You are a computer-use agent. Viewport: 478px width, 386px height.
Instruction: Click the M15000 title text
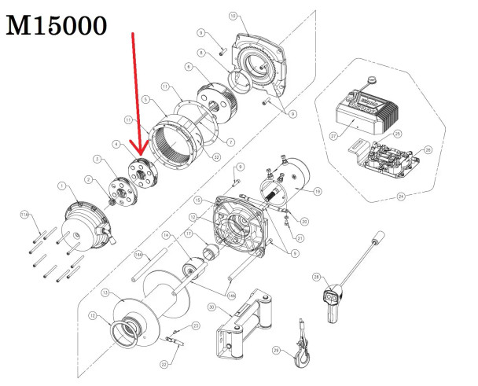(x=57, y=26)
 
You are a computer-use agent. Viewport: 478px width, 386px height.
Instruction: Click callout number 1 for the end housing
(x=61, y=186)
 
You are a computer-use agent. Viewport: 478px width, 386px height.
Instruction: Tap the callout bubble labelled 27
(x=333, y=135)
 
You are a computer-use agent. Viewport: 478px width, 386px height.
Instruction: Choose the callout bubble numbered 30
(x=212, y=307)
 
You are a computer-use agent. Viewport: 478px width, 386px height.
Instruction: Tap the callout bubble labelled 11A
(x=24, y=214)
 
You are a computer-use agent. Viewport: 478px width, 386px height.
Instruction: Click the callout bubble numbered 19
(x=318, y=190)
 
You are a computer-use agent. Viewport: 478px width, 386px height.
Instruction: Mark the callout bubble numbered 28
(x=315, y=278)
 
